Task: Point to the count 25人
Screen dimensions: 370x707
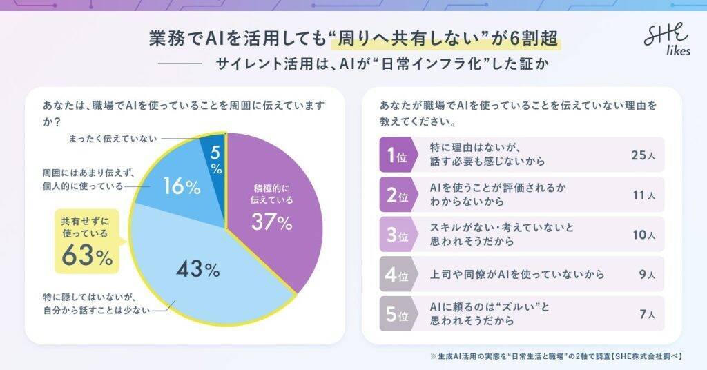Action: pos(642,156)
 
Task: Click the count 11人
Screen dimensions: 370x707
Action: pos(642,195)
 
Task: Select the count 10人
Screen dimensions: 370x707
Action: pos(642,235)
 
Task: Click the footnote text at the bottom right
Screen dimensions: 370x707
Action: pos(555,356)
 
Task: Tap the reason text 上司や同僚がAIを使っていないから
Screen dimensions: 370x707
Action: pos(507,275)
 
